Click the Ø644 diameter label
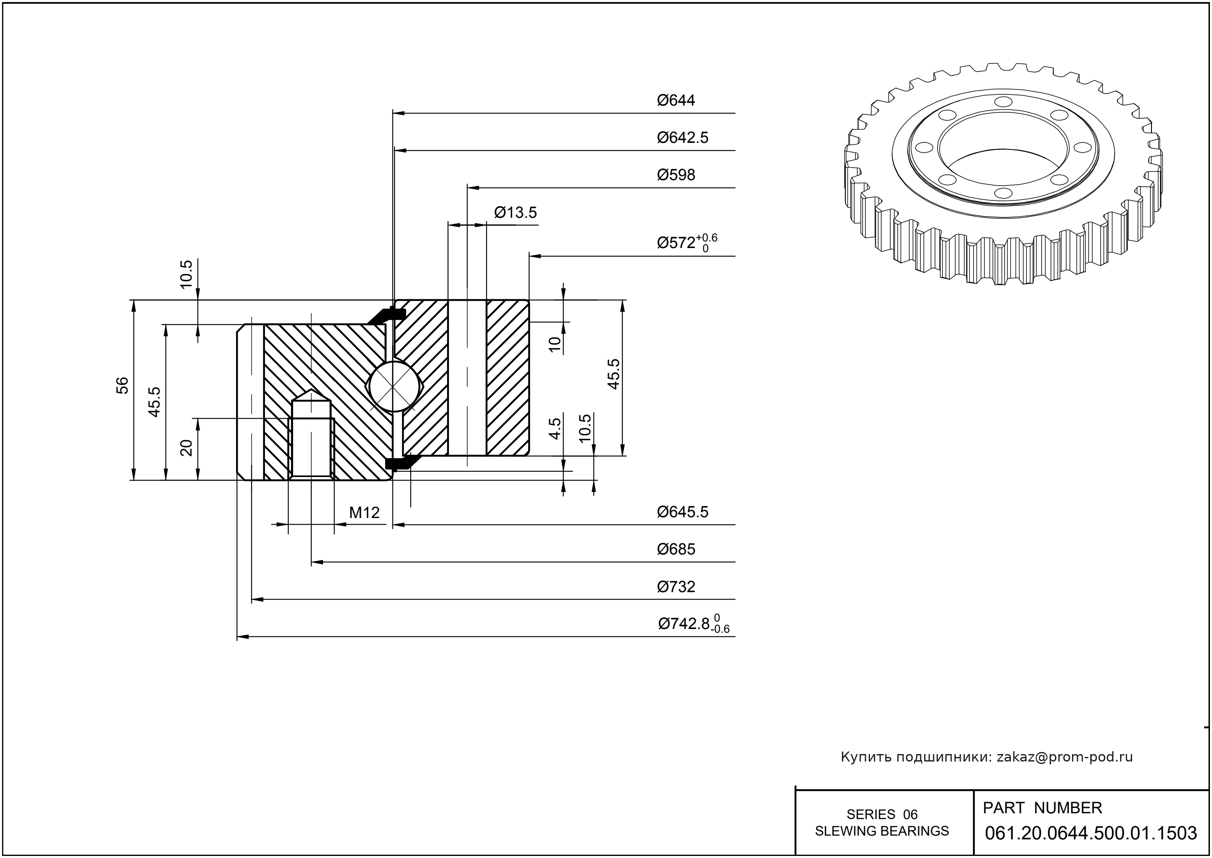pos(676,100)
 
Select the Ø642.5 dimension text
pos(682,138)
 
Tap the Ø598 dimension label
pos(676,175)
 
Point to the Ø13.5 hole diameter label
pos(515,213)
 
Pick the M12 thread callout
pos(364,513)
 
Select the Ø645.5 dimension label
pos(682,512)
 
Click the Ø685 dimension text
pos(676,550)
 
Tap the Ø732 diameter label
pos(676,587)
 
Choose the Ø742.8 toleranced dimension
pos(693,624)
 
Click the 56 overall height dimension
pos(122,385)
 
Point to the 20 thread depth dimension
pos(186,448)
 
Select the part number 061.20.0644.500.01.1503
pos(1091,833)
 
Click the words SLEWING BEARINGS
pos(882,831)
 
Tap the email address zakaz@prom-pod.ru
pos(1064,757)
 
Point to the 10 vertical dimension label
pos(554,344)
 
